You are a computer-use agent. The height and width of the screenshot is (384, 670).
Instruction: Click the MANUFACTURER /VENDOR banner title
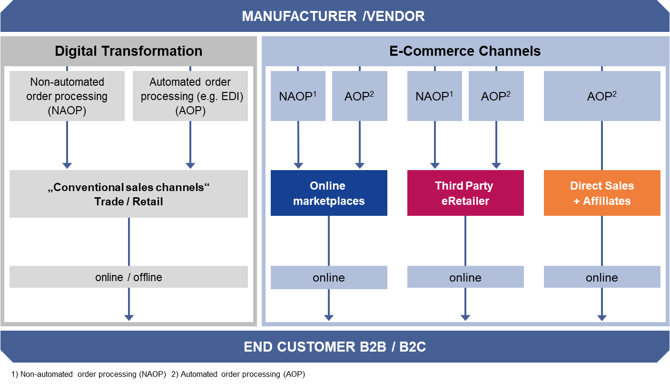[333, 16]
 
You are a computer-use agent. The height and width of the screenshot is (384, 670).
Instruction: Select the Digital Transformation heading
[128, 51]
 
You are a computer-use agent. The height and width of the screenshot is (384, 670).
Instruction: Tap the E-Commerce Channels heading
[465, 51]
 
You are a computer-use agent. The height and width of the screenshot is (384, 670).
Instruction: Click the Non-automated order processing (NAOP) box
[67, 96]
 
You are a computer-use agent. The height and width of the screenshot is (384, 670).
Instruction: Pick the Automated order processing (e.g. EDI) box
[190, 96]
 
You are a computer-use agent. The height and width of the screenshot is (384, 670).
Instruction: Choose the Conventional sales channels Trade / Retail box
[128, 194]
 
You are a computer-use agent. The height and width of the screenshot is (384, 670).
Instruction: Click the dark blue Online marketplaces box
[329, 193]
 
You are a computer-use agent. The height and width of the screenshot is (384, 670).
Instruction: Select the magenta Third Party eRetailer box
[465, 193]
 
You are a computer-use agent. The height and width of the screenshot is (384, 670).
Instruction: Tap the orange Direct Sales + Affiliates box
[602, 193]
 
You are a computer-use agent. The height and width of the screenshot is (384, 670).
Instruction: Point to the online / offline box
[128, 277]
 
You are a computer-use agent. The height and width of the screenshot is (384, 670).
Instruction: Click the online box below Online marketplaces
[329, 277]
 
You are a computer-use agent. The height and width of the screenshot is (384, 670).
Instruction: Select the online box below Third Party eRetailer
[465, 277]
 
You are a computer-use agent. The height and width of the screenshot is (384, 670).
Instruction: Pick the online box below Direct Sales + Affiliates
[602, 277]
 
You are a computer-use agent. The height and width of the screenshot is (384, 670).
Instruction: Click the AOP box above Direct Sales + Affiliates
[602, 96]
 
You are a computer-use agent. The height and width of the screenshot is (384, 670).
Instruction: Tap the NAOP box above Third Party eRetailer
[434, 96]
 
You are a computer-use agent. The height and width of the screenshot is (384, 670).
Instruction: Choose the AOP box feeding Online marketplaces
[359, 96]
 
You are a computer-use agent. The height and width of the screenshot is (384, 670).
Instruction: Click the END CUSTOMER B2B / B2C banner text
[335, 347]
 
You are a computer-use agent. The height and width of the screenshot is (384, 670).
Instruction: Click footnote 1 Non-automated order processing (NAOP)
[89, 374]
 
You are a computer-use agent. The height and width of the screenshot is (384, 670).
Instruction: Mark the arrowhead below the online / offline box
[129, 317]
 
